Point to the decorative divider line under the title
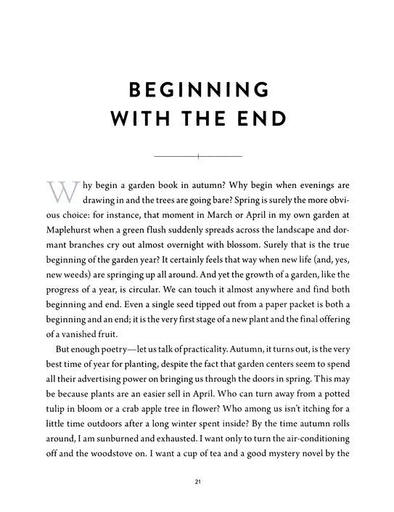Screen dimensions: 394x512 [197, 156]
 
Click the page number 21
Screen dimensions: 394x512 [197, 481]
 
